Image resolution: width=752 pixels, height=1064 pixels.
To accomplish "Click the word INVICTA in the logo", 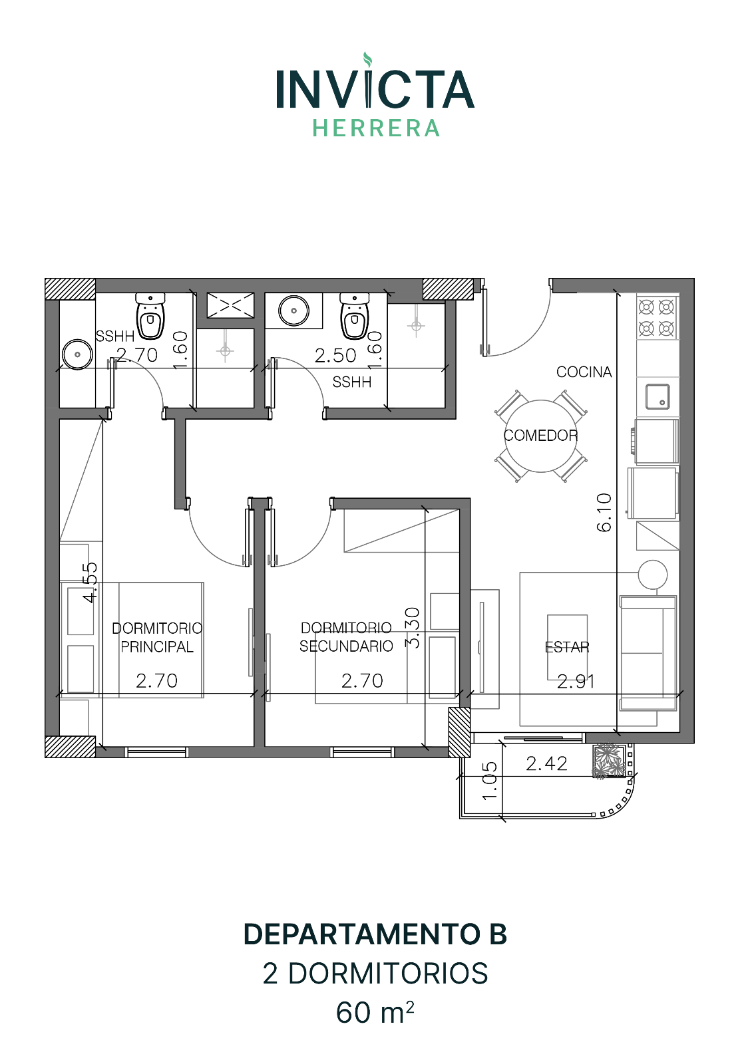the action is (x=375, y=89).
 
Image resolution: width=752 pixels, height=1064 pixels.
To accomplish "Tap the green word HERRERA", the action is (x=375, y=128).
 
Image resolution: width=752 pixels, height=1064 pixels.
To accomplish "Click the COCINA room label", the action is (x=584, y=372).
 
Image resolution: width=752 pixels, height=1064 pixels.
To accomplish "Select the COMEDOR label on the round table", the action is (x=540, y=435).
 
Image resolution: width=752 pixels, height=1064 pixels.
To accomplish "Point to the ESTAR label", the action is (x=566, y=647).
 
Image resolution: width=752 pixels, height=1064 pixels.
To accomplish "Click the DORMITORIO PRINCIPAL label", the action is (x=157, y=638).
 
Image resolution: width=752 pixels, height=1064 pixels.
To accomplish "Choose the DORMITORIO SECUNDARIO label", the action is (x=346, y=637).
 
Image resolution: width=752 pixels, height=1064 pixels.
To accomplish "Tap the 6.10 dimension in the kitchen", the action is (x=604, y=513).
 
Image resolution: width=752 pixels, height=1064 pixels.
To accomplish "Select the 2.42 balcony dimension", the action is (x=546, y=764).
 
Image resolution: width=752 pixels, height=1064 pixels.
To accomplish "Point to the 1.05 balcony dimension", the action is (x=490, y=781).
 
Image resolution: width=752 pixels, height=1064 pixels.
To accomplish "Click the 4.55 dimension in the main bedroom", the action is (x=91, y=583).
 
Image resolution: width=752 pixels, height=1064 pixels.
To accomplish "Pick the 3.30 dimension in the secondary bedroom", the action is (x=413, y=628).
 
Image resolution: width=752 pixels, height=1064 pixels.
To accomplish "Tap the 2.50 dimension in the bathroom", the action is (x=335, y=356).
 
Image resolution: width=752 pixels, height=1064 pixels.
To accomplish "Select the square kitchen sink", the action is (x=658, y=396).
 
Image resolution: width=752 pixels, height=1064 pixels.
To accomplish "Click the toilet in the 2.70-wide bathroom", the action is (x=150, y=316).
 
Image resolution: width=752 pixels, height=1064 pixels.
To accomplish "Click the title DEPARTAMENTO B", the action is (x=375, y=934).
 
